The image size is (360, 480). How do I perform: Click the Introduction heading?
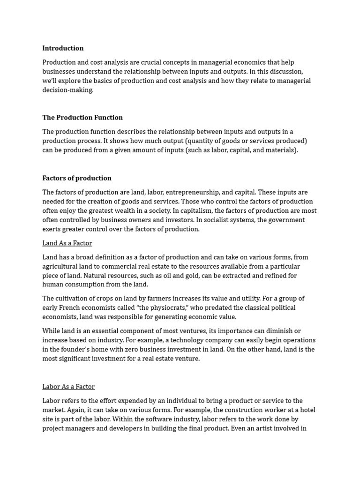click(63, 48)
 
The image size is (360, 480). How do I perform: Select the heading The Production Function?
click(82, 118)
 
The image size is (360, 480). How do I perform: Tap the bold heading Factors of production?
click(77, 178)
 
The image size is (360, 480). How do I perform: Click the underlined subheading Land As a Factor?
click(67, 243)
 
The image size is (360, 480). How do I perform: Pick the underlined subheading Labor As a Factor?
click(68, 387)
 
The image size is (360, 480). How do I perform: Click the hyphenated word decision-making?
click(68, 90)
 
